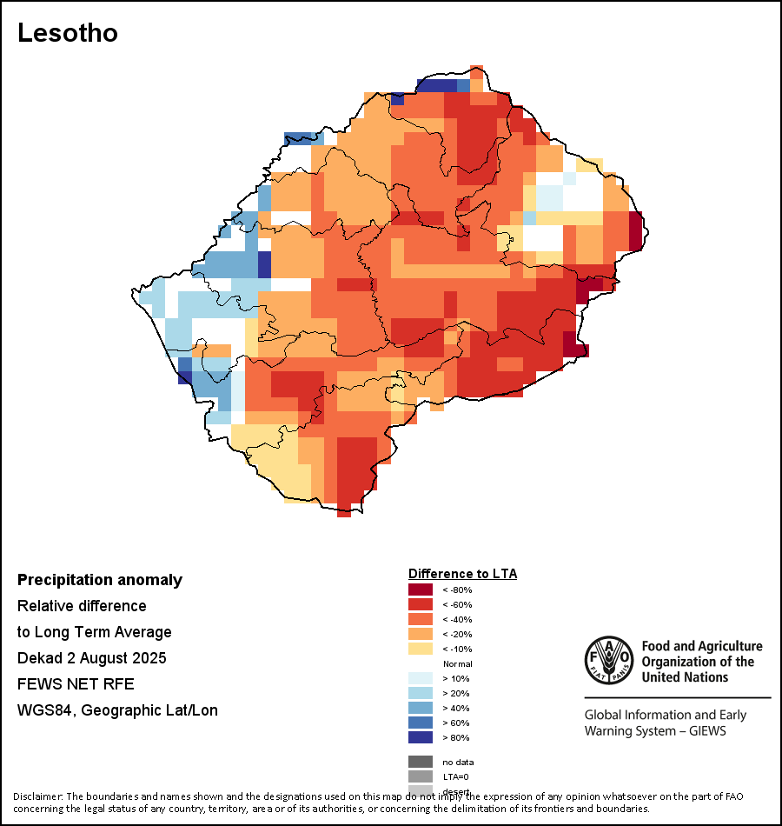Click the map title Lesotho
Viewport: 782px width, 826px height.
(x=68, y=33)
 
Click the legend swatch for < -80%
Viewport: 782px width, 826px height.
(x=420, y=590)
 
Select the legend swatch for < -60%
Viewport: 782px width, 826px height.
(x=420, y=604)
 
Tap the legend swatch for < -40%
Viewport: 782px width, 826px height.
(x=420, y=619)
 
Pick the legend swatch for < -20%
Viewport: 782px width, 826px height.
(x=420, y=634)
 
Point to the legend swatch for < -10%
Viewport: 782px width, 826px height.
(x=420, y=649)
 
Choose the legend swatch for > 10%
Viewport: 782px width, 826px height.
(x=420, y=678)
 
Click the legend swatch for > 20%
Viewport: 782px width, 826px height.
(x=420, y=693)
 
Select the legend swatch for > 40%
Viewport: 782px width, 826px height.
(x=420, y=708)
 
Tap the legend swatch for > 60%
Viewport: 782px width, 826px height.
(x=420, y=723)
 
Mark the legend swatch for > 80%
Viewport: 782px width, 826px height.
(x=420, y=737)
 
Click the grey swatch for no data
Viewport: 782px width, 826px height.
(x=420, y=762)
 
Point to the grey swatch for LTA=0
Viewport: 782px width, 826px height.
(x=420, y=776)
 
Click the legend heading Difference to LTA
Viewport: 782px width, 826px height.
(x=462, y=574)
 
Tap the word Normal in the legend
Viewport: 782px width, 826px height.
(x=457, y=664)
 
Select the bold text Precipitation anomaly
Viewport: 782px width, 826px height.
(x=100, y=580)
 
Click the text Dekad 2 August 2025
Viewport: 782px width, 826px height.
(x=92, y=658)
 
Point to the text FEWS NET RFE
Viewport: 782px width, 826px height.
(x=76, y=684)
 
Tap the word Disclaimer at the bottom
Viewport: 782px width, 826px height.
(x=37, y=796)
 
